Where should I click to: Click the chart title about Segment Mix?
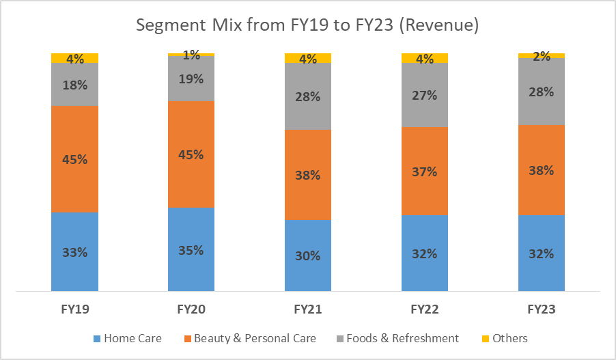coord(307,26)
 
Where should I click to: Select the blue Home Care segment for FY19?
coord(74,270)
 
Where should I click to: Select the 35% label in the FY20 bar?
coord(191,249)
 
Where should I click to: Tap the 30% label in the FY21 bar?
coord(308,255)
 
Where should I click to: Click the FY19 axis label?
coord(74,309)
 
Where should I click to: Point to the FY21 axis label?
coord(308,309)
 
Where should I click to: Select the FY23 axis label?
coord(542,309)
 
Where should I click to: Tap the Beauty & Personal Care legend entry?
coord(250,338)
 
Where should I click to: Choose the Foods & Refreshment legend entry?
coord(397,338)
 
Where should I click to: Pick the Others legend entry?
coord(506,338)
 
